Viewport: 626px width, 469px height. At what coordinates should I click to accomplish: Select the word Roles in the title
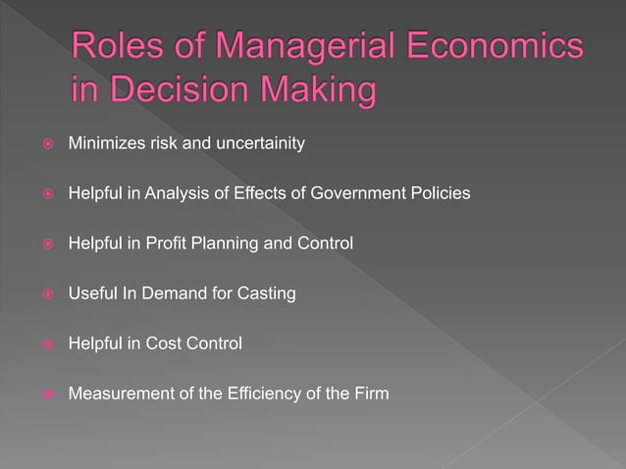click(116, 50)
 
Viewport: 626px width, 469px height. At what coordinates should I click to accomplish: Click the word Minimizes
click(103, 144)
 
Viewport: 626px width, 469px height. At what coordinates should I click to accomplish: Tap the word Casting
click(265, 293)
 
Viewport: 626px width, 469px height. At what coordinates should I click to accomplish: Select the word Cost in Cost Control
click(168, 343)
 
